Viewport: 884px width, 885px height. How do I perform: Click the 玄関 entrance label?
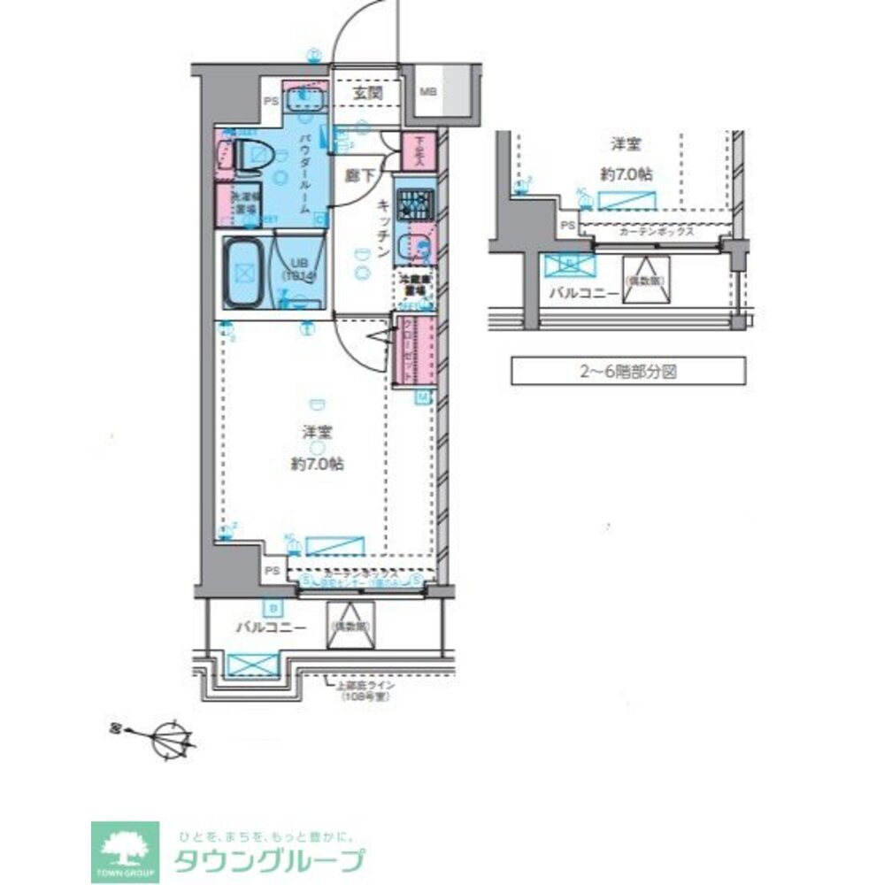367,91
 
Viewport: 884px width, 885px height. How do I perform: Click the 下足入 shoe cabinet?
415,151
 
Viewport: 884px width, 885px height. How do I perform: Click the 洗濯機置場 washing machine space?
243,204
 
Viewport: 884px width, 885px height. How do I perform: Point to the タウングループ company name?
268,859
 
